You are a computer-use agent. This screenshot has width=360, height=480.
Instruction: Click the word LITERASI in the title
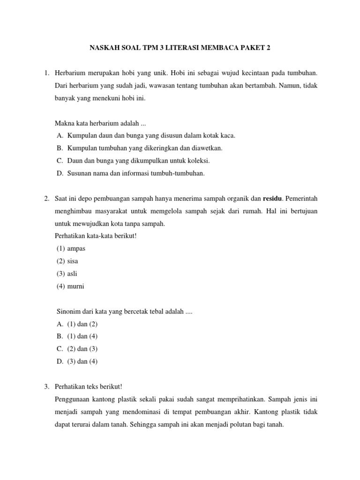181,48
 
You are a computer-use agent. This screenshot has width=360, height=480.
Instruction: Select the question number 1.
46,73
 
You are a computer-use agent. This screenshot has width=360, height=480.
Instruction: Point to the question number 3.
46,387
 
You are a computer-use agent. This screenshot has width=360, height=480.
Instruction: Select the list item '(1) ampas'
71,248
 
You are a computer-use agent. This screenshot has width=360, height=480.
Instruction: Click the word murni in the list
76,286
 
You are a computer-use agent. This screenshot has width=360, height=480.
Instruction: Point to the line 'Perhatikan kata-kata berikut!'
95,236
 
